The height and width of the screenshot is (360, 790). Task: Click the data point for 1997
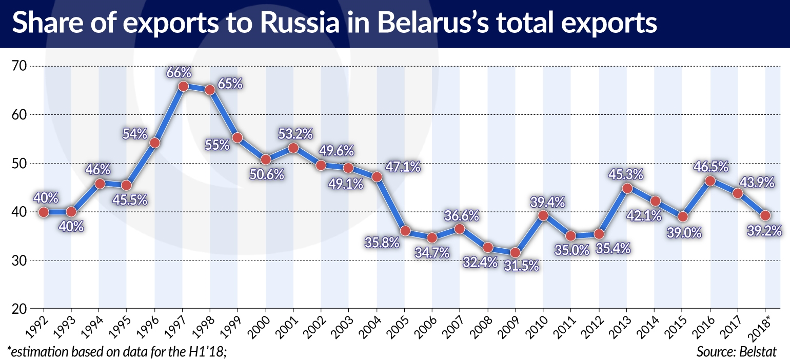183,86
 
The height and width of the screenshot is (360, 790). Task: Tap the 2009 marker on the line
516,252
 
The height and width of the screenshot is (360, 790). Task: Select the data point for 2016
710,181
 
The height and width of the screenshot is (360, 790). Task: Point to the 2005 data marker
405,231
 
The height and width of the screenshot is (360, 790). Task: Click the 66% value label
178,73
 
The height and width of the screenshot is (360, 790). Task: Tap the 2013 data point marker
627,188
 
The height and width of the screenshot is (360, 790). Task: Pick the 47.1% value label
403,167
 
